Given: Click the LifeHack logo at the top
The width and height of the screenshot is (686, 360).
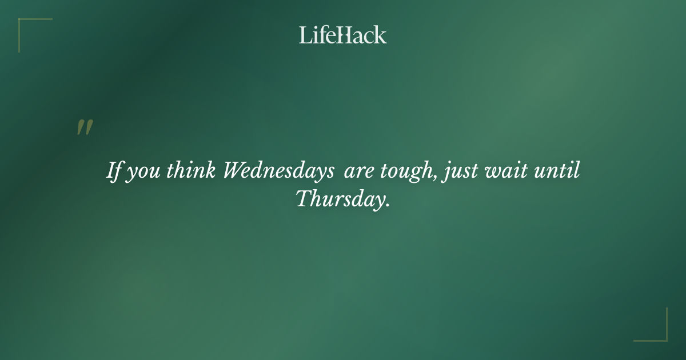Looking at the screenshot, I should click(x=343, y=35).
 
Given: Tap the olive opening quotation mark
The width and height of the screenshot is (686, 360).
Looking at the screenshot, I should click(x=84, y=128).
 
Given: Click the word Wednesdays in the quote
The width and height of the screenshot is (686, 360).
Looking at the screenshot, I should click(x=278, y=171).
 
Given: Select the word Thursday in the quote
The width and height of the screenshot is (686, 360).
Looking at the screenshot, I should click(x=338, y=199).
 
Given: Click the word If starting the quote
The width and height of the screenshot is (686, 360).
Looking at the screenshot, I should click(x=114, y=171).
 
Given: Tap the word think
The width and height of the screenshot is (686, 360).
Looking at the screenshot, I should click(x=191, y=171).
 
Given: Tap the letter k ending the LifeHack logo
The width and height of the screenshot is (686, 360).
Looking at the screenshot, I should click(x=381, y=35).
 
